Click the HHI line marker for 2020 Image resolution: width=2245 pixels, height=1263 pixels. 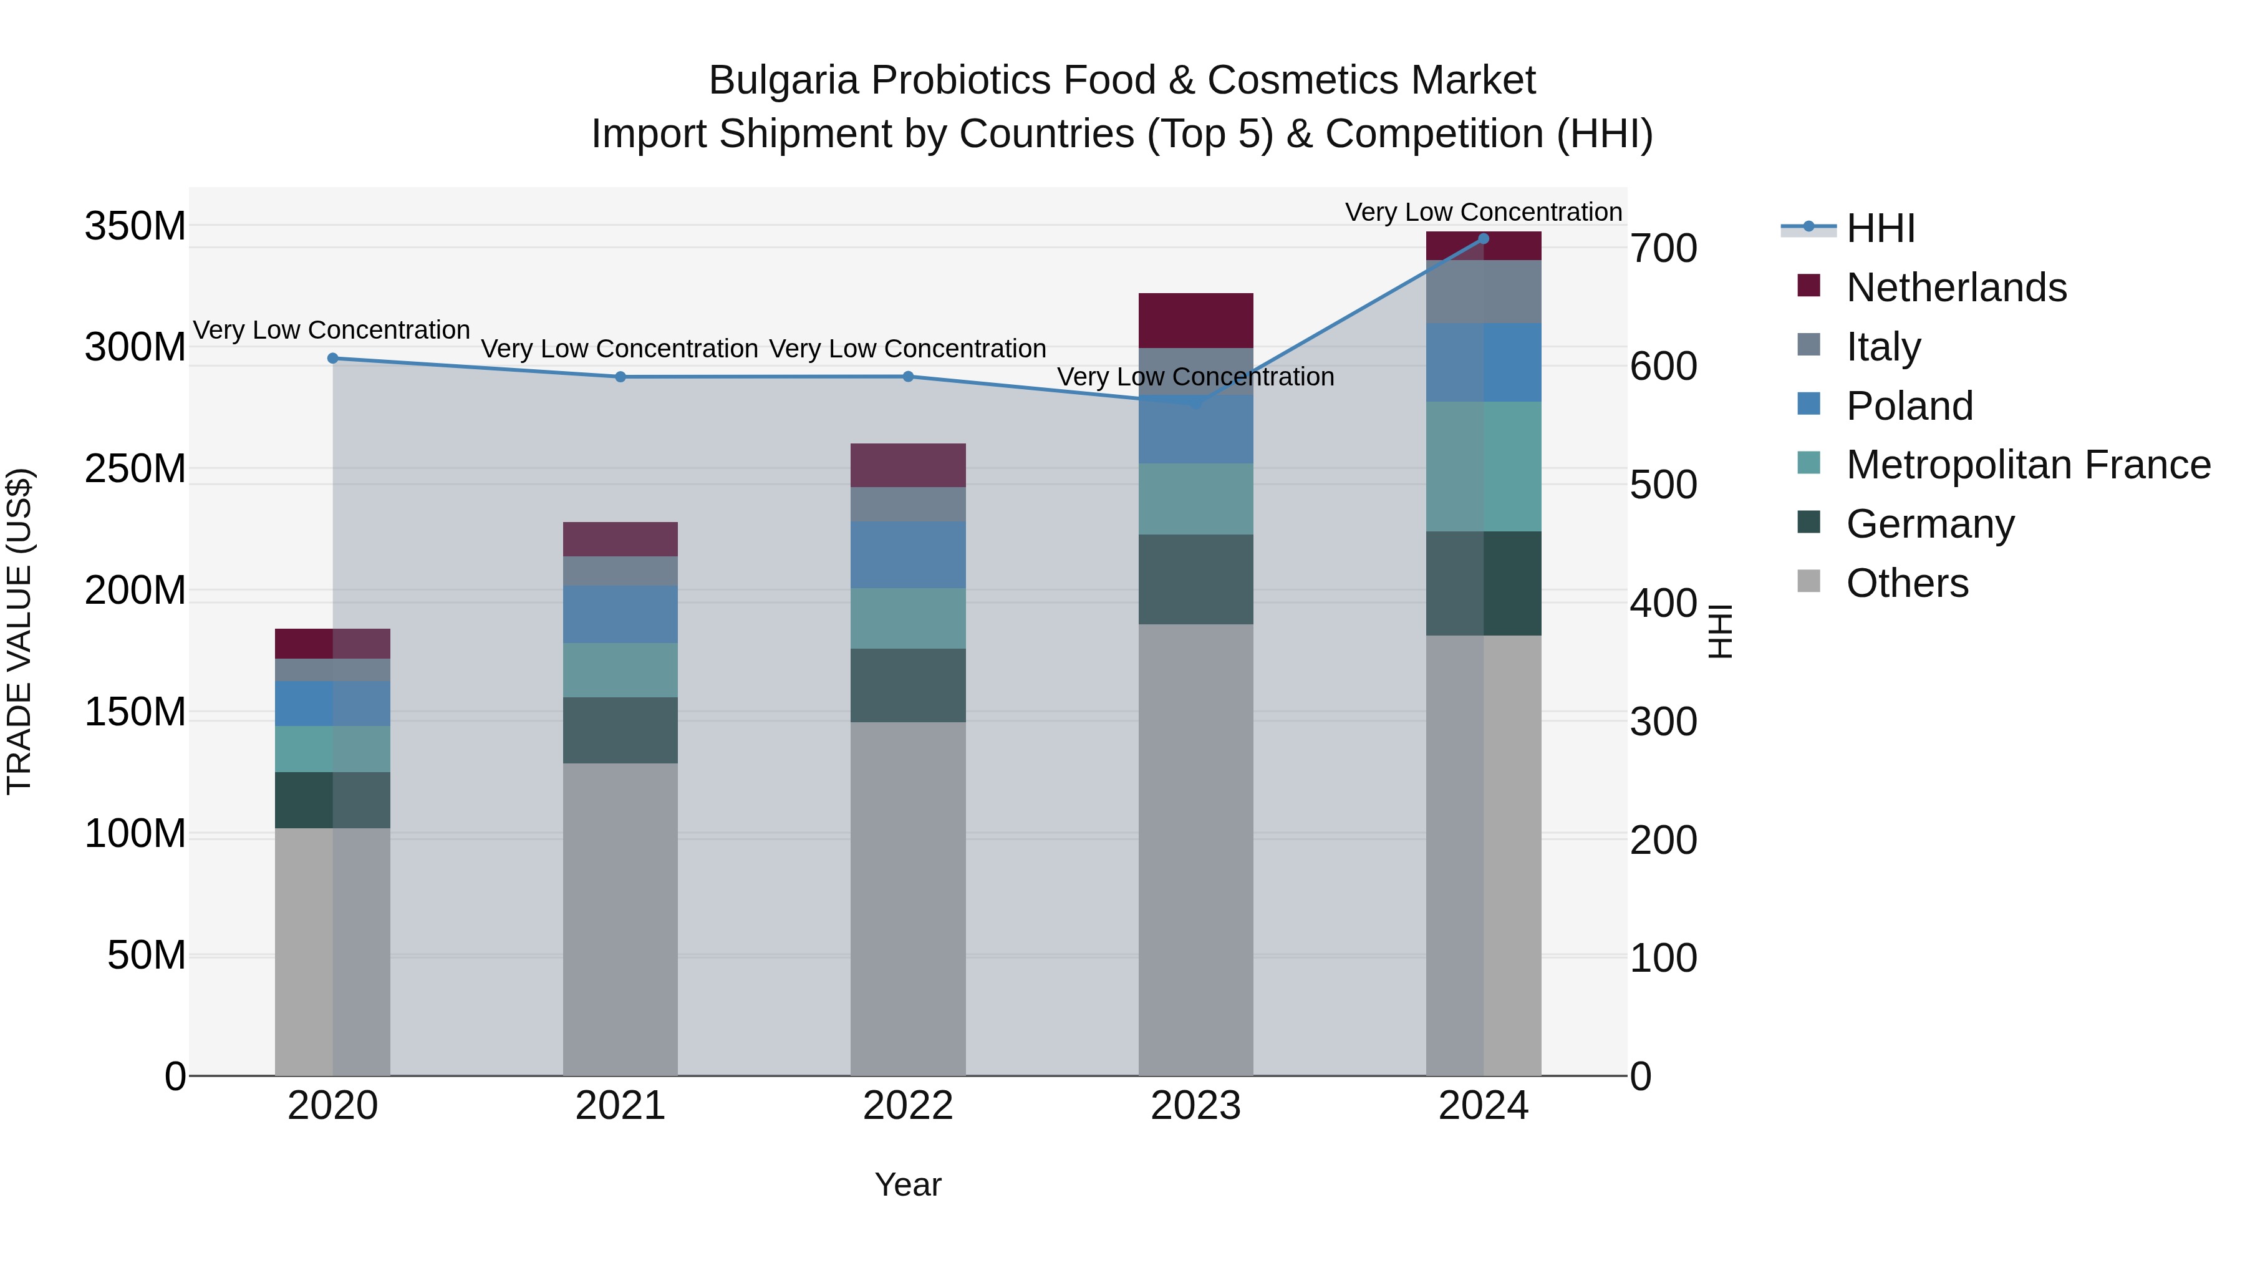(333, 358)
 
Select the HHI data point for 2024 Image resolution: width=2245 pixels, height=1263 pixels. (1484, 239)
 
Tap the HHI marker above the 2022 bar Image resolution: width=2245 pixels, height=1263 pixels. (908, 377)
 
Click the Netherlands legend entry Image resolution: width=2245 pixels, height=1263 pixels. (1955, 288)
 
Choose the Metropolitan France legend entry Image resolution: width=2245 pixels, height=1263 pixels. (2027, 465)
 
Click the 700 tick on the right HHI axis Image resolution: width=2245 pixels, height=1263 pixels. (1663, 248)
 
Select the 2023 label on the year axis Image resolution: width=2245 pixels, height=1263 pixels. (1195, 1105)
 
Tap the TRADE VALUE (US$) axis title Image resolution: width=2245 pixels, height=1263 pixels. (19, 631)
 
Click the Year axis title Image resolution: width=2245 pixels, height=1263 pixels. (907, 1184)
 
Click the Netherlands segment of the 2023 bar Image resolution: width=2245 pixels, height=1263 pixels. (1195, 321)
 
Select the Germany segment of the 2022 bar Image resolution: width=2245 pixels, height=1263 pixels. (908, 685)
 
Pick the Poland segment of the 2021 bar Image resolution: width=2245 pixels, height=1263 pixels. (620, 614)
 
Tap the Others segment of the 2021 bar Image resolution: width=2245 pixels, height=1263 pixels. (620, 919)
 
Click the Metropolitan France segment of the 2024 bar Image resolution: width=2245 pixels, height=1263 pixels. (1484, 467)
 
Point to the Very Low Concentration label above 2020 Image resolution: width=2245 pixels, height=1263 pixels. (331, 331)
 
